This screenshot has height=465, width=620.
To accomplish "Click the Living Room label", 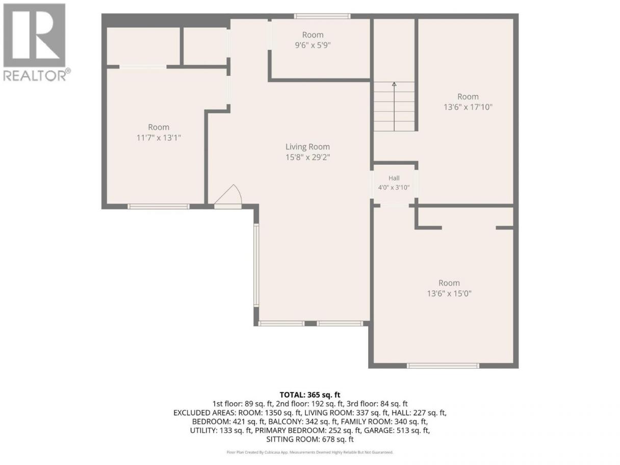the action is pyautogui.click(x=307, y=147).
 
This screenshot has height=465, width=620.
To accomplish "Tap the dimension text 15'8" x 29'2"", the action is pyautogui.click(x=307, y=157).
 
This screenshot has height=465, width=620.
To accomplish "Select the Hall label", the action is pyautogui.click(x=394, y=178).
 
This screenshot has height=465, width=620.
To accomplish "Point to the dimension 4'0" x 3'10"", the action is pyautogui.click(x=394, y=188).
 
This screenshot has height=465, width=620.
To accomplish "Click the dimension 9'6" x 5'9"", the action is pyautogui.click(x=313, y=45).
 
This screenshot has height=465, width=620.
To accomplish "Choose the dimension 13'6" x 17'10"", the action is pyautogui.click(x=468, y=107).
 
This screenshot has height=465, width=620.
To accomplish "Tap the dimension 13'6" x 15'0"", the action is pyautogui.click(x=449, y=294).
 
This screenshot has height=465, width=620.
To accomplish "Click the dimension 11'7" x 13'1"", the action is pyautogui.click(x=159, y=138).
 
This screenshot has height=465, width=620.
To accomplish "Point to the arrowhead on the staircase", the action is pyautogui.click(x=394, y=84).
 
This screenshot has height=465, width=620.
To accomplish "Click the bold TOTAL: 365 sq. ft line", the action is pyautogui.click(x=310, y=395).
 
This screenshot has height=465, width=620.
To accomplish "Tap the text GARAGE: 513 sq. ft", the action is pyautogui.click(x=397, y=430).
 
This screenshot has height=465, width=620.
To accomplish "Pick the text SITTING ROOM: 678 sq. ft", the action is pyautogui.click(x=310, y=440).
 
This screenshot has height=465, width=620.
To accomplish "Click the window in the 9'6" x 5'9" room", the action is pyautogui.click(x=322, y=16).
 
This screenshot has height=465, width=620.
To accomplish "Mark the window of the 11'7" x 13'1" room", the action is pyautogui.click(x=159, y=206).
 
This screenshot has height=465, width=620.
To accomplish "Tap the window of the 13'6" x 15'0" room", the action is pyautogui.click(x=443, y=366).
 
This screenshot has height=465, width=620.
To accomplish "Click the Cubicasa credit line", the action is pyautogui.click(x=310, y=452).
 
